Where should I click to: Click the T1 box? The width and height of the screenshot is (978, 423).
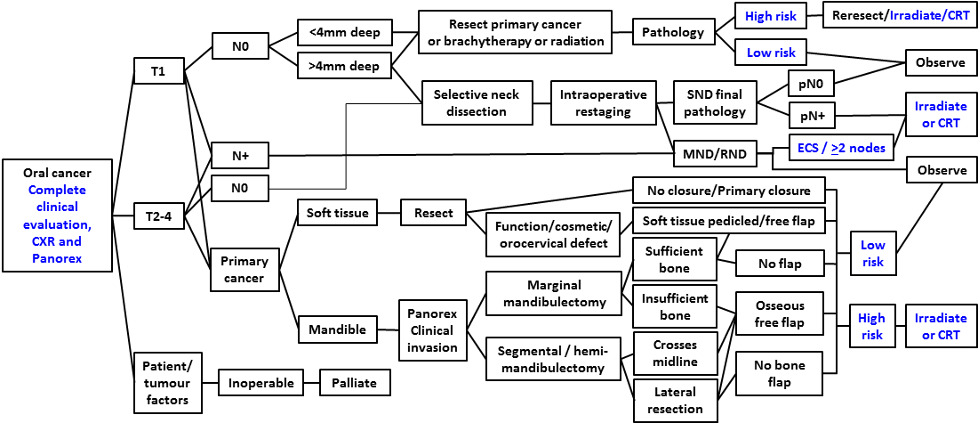(158, 71)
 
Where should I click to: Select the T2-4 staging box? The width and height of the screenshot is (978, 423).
(158, 215)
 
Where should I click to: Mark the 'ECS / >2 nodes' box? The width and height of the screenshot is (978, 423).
(841, 148)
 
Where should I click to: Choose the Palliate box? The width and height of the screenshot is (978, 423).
(354, 384)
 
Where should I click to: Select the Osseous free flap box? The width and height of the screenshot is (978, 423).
(779, 313)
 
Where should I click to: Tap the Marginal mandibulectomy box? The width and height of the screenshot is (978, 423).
(553, 293)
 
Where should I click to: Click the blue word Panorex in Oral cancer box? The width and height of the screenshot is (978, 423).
(58, 258)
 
